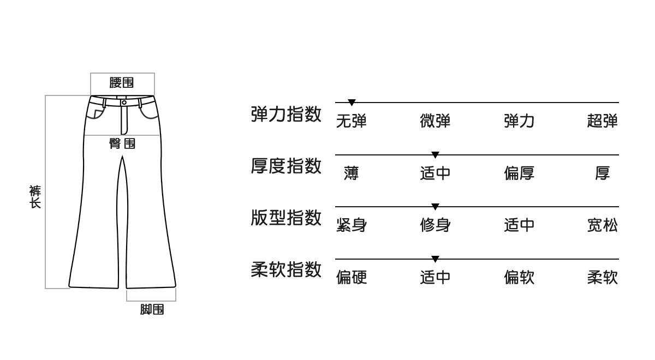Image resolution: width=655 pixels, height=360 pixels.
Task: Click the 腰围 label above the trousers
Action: point(122,83)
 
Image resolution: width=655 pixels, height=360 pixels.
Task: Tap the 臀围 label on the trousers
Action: point(122,144)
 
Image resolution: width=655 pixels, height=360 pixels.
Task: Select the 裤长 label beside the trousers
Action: point(35,197)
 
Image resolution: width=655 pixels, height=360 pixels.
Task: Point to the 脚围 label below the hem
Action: point(152,310)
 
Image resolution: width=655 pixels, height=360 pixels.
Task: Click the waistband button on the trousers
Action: point(124,102)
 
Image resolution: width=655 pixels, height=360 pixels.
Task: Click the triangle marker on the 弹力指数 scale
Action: point(352,103)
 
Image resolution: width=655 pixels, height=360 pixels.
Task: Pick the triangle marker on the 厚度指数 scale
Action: point(435,155)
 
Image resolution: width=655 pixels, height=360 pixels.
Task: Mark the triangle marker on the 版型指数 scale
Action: point(435,207)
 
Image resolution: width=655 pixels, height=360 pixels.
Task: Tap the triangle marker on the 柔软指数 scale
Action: point(435,259)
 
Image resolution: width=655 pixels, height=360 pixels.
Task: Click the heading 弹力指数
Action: point(286,114)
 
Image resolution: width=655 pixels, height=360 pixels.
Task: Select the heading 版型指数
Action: point(286,218)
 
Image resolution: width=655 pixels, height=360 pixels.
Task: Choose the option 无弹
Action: point(352,121)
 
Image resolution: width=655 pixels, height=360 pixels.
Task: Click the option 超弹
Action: point(603,121)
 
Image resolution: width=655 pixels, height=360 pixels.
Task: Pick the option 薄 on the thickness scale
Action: point(352,173)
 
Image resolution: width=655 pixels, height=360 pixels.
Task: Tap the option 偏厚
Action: point(519,173)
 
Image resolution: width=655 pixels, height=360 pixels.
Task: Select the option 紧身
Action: point(352,225)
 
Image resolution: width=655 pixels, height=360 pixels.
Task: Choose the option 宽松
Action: point(603,225)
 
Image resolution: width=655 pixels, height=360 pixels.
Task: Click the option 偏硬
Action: point(352,278)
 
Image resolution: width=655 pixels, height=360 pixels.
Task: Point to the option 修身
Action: point(435,225)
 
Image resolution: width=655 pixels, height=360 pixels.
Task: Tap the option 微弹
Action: point(435,121)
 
